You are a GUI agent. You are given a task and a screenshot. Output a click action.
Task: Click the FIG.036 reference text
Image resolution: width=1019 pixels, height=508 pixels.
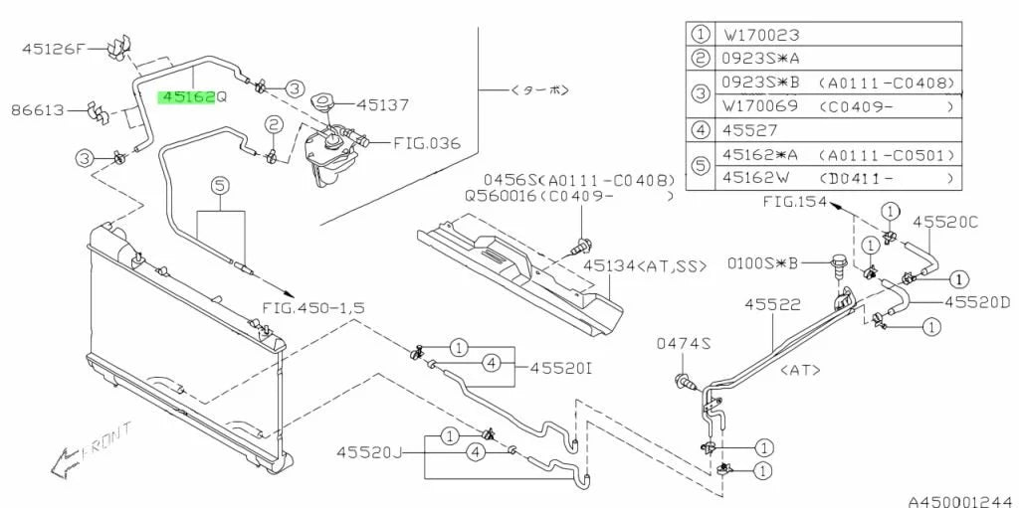click(427, 143)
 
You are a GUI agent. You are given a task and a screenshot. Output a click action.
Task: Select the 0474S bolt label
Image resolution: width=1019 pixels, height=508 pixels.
click(683, 343)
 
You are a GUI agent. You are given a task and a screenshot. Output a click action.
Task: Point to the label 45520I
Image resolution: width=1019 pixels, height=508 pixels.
click(561, 368)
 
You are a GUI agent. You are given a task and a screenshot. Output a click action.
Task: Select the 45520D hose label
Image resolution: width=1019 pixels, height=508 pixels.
click(976, 300)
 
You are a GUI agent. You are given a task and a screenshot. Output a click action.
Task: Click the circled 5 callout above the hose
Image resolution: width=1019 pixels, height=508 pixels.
click(221, 185)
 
